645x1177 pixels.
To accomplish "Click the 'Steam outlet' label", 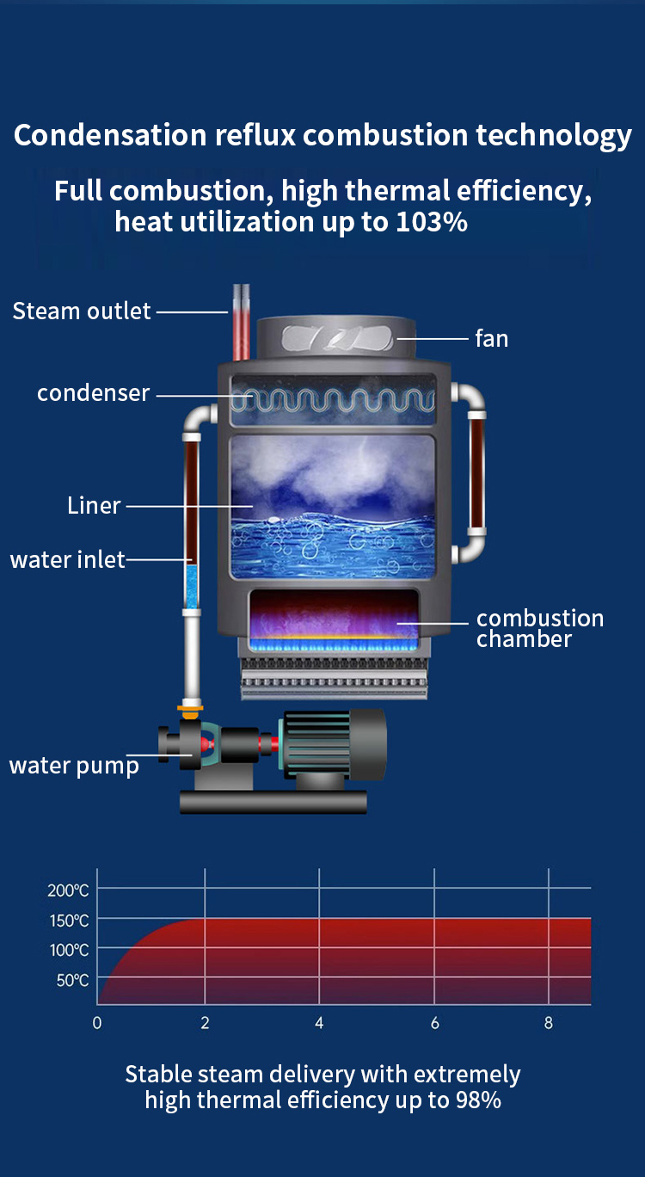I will pos(82,311).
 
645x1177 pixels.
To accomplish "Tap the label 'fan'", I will pos(491,338).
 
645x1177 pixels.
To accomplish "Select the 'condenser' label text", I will pos(93,393).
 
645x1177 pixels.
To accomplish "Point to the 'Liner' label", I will pos(94,505).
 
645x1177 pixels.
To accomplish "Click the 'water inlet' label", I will pos(67,560).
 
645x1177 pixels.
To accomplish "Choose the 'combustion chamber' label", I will pos(539,628).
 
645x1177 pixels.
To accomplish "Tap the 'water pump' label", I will pos(74,766).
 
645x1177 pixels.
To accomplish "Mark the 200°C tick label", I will pos(68,890).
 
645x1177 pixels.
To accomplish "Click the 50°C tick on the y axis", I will pos(72,980).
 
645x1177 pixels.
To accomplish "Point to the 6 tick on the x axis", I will pos(434,1023).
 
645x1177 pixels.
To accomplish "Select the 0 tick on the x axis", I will pos(97,1023).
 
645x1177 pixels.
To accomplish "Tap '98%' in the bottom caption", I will pos(479,1100).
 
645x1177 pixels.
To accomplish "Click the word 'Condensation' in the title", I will pos(111,136).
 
